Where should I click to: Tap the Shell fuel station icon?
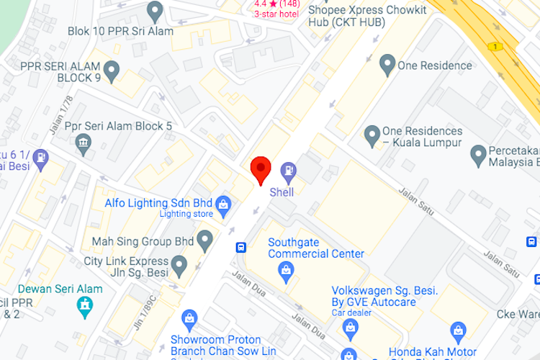point(288,171)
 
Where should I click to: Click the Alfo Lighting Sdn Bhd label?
point(158,202)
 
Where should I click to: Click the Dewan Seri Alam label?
point(60,289)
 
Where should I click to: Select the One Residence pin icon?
point(387,64)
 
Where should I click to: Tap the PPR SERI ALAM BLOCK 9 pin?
point(111,71)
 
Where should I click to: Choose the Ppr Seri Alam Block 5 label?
point(118,126)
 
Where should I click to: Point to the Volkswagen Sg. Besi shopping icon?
point(351,328)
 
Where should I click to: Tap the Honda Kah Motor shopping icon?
point(458,332)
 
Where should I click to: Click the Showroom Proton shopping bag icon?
point(189,318)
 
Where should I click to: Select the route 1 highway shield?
point(494,46)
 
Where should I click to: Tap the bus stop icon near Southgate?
point(240,248)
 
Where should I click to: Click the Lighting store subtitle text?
point(186,214)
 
